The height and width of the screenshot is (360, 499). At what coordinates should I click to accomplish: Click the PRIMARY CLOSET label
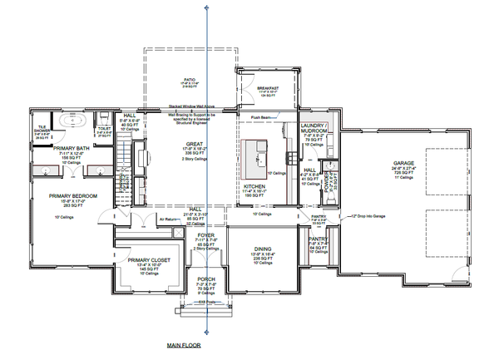pyautogui.click(x=150, y=260)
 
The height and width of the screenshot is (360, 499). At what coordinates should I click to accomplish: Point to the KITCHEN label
pyautogui.click(x=254, y=186)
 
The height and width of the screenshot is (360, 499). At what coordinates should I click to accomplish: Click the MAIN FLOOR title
pyautogui.click(x=183, y=344)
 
